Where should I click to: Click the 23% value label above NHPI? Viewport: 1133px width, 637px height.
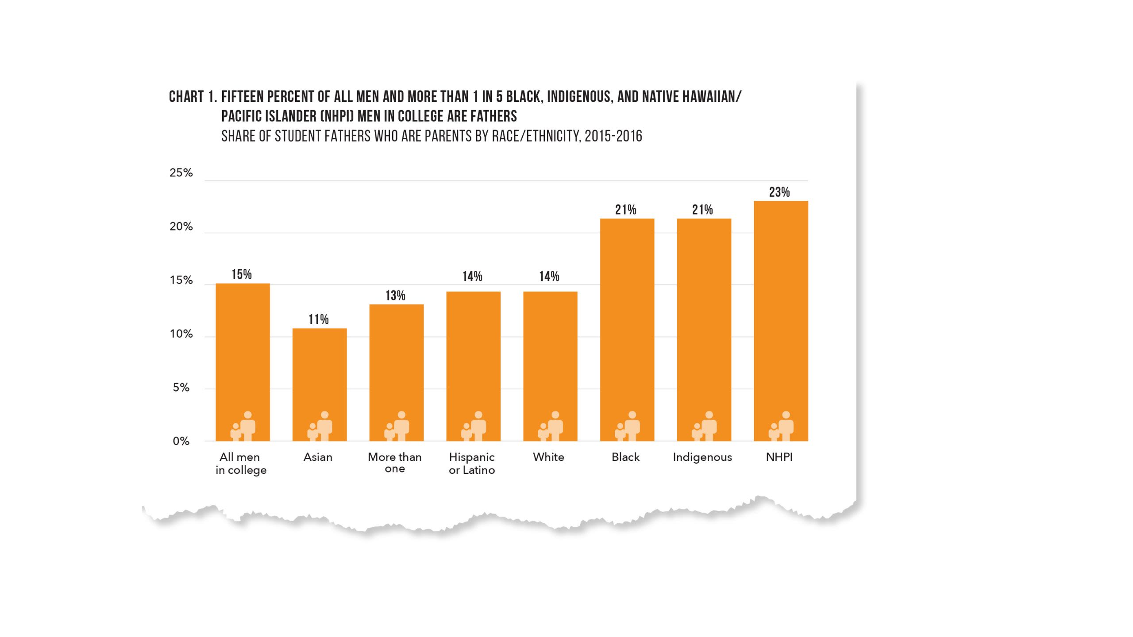click(779, 192)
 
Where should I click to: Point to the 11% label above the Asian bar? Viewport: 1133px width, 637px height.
click(319, 319)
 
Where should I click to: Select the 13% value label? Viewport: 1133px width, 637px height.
click(395, 295)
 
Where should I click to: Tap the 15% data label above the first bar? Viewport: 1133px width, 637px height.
click(242, 274)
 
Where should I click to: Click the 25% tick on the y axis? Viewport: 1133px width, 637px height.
click(181, 173)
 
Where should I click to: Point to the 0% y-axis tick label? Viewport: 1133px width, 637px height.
click(181, 441)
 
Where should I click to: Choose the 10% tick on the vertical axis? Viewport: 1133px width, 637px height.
click(181, 334)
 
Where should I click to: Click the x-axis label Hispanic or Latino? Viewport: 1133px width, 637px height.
click(472, 463)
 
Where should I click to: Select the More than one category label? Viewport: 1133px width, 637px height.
click(395, 462)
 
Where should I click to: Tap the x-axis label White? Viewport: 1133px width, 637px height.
click(548, 457)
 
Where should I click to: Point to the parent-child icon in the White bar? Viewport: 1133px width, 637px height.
click(551, 426)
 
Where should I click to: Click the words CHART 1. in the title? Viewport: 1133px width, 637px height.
click(193, 97)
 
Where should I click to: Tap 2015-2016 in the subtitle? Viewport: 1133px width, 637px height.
click(613, 136)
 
